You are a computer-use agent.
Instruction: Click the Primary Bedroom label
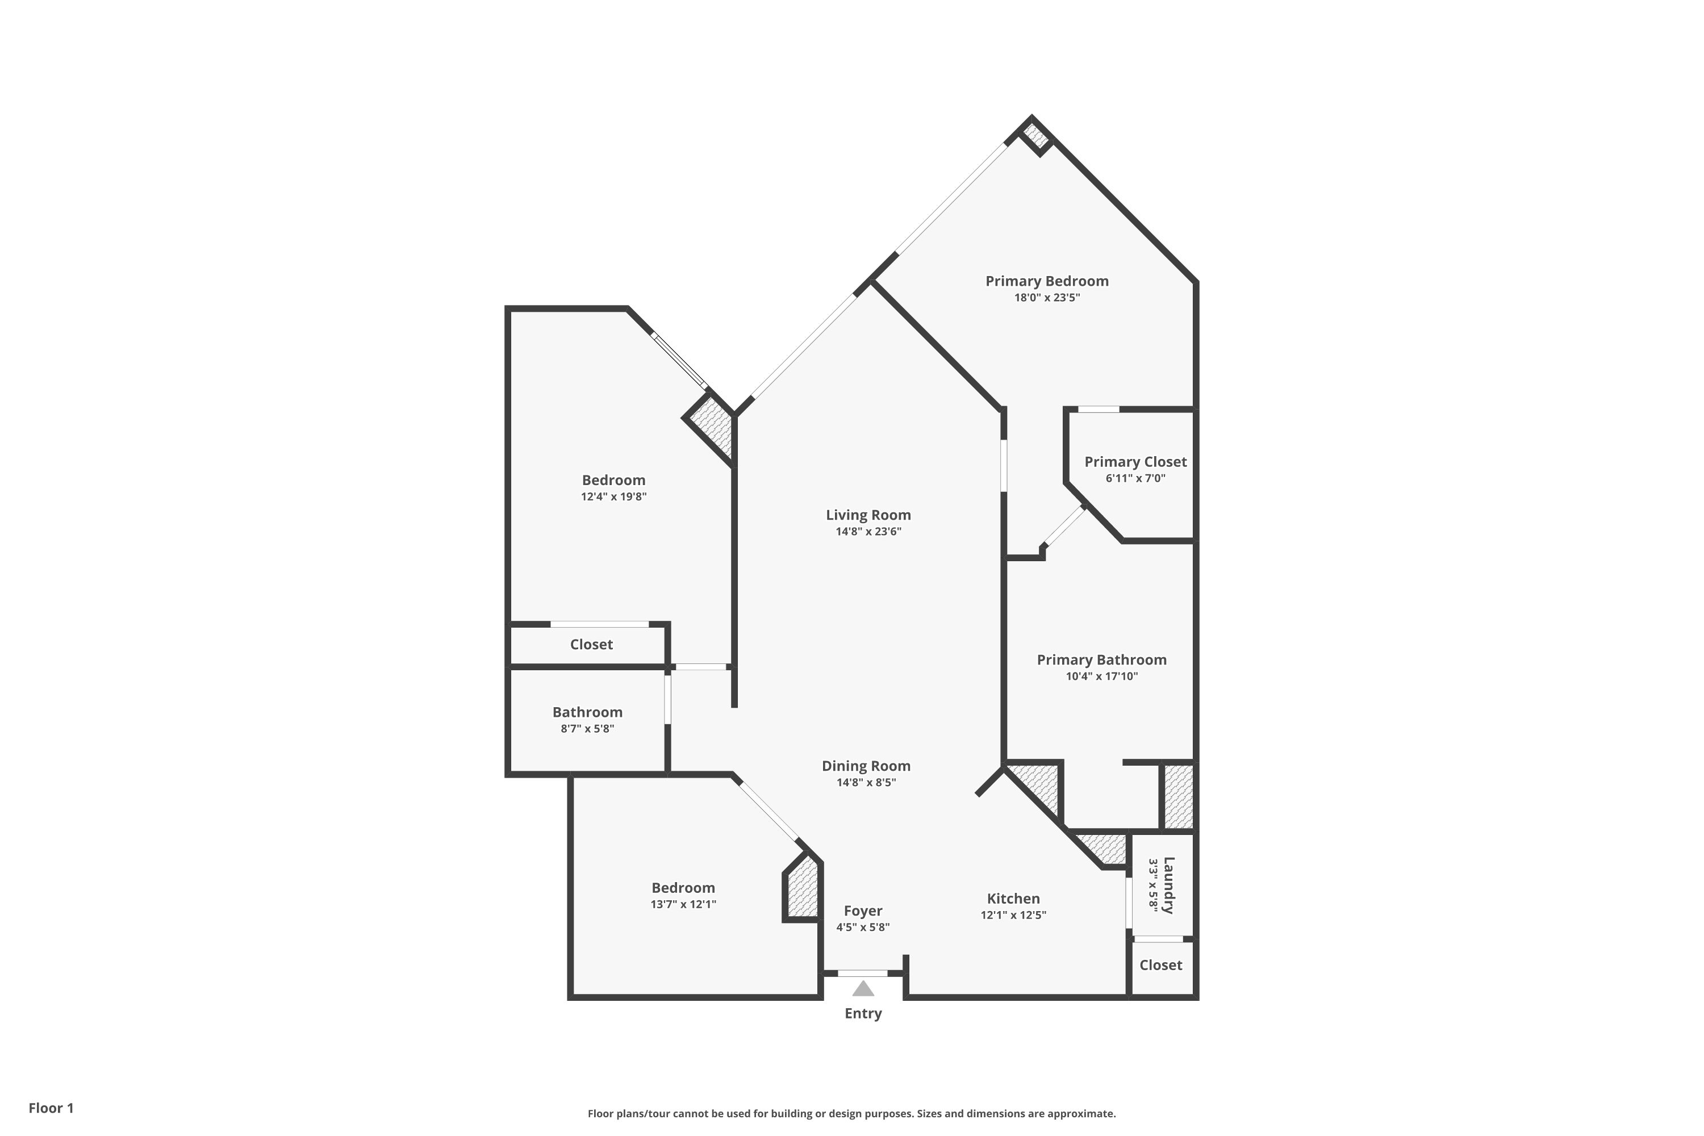tap(1047, 281)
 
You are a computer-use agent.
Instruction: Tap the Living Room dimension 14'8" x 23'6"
tap(868, 532)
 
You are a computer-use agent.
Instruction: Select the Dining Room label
tap(866, 766)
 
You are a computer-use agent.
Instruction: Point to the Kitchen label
tap(1013, 899)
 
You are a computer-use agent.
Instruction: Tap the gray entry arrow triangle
tap(863, 988)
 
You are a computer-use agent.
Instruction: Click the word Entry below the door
tap(863, 1013)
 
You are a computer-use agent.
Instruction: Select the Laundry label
tap(1168, 886)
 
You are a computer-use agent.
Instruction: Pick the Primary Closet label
tap(1135, 461)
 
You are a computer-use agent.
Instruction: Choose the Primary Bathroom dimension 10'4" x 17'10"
tap(1101, 676)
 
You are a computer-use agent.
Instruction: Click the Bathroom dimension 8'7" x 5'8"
tap(587, 729)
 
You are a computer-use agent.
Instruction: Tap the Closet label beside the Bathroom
tap(591, 644)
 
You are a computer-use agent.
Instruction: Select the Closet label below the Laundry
tap(1160, 965)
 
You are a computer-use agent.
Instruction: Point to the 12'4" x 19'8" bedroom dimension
tap(613, 497)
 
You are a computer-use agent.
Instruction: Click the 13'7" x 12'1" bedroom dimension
tap(683, 904)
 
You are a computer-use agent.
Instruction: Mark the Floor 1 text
tap(51, 1108)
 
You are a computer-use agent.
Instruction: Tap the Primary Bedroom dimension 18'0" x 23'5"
tap(1047, 298)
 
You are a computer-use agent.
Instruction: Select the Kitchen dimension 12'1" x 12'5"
tap(1013, 915)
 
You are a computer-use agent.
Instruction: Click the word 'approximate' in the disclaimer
tap(1080, 1113)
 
